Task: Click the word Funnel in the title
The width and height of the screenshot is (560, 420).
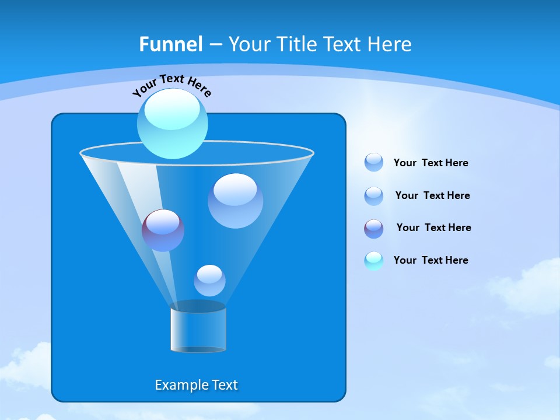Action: [170, 44]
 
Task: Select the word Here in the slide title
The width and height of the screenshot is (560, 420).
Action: [389, 44]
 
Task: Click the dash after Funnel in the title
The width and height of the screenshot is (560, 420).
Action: [215, 44]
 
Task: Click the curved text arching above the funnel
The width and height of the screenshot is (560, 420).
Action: [171, 85]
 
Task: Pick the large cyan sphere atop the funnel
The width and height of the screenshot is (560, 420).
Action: [173, 124]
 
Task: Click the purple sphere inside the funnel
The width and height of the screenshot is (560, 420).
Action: [163, 230]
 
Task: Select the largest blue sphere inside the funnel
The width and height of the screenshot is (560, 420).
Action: [235, 201]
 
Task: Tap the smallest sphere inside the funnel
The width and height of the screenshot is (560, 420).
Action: [209, 281]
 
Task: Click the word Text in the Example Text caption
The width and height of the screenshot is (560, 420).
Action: [223, 385]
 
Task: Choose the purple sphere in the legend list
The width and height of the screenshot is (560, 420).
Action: [374, 229]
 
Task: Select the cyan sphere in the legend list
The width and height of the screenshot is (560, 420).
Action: [374, 261]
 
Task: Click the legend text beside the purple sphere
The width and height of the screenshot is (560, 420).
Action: [433, 228]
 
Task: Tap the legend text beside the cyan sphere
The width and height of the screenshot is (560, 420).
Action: [430, 260]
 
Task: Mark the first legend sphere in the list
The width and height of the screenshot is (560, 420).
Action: [374, 162]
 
